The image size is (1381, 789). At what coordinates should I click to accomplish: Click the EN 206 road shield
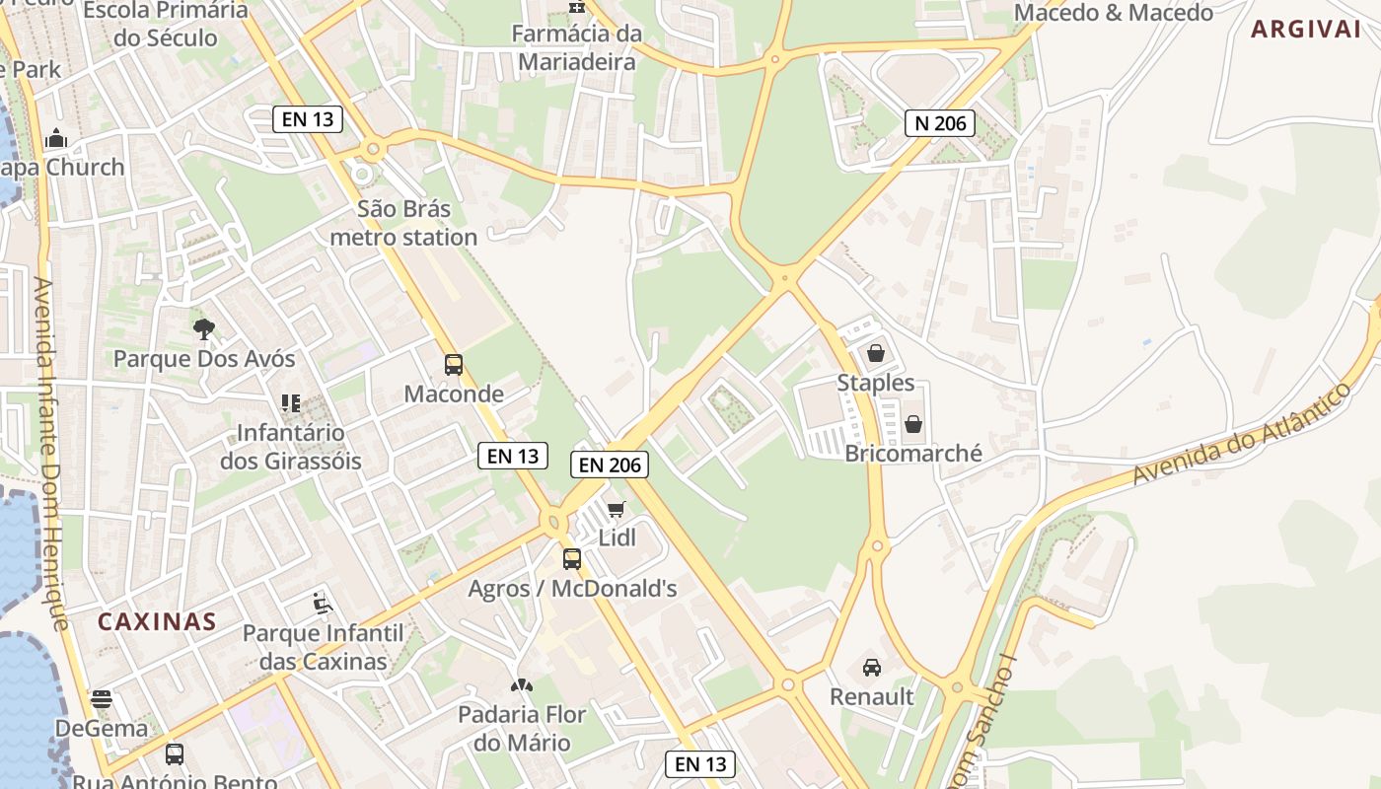610,465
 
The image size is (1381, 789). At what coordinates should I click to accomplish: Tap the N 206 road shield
940,123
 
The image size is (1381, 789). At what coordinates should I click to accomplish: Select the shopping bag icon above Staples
875,352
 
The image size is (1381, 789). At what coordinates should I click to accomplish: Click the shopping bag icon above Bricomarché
913,424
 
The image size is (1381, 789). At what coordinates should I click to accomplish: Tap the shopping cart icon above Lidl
617,509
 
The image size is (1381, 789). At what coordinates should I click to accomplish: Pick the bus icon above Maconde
454,365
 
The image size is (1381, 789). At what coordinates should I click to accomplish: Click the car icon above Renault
872,668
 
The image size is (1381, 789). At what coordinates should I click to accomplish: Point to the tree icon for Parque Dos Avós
204,328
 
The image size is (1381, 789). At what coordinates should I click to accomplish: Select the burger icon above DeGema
102,699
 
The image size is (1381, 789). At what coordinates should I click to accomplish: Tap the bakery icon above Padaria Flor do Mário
522,684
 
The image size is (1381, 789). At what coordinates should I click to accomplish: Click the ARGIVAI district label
1305,30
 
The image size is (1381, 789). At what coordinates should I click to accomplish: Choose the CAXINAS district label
157,621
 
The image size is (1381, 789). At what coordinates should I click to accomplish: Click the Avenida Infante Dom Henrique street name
49,454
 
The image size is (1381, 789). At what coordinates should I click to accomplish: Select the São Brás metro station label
403,223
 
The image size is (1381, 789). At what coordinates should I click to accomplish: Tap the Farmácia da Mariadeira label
577,47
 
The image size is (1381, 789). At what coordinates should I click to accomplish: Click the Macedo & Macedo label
1113,13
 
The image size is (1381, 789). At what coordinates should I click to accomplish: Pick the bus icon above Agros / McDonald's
572,559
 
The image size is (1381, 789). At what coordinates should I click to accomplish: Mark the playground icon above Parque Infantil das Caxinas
322,602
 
